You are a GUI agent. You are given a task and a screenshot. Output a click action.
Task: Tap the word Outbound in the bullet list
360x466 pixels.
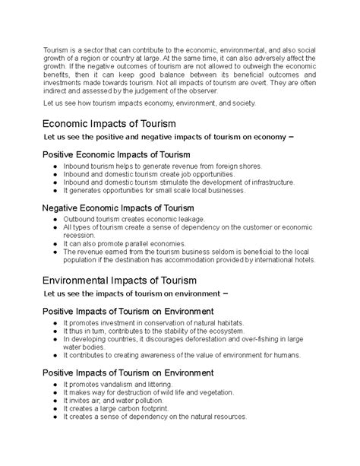pyautogui.click(x=81, y=219)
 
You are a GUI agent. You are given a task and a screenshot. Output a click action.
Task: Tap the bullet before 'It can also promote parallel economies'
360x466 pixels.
pyautogui.click(x=57, y=244)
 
